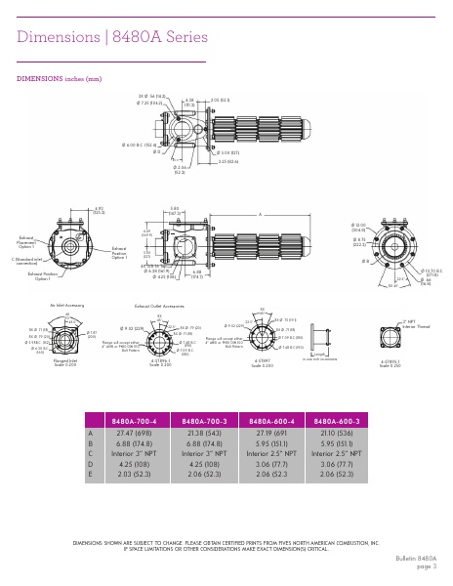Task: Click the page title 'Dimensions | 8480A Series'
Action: pos(112,37)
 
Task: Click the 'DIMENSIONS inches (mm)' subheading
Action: pos(59,77)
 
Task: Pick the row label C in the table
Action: pos(91,454)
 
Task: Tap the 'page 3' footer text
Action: pos(426,565)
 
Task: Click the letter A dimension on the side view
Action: pos(260,214)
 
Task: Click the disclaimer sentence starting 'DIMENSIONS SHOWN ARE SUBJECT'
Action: pos(226,542)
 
